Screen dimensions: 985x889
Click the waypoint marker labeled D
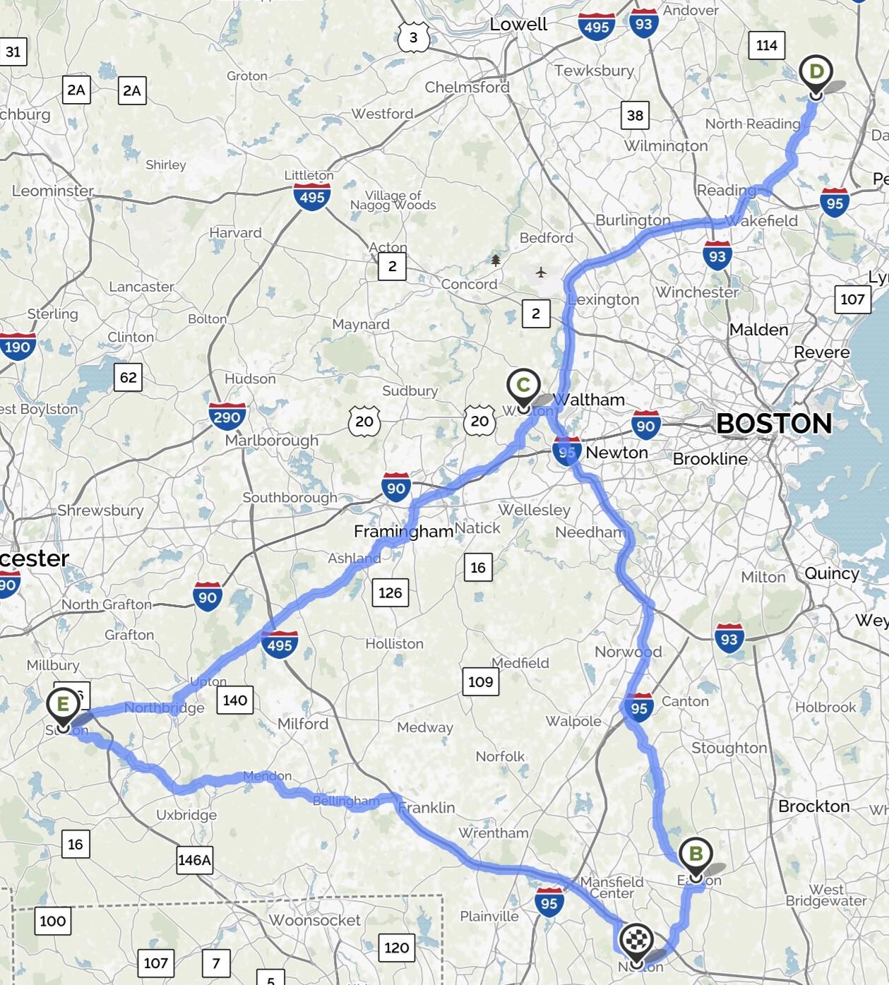click(816, 73)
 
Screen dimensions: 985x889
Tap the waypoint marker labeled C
click(523, 386)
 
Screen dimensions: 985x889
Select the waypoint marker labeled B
click(696, 855)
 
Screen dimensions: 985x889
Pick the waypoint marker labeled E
click(63, 705)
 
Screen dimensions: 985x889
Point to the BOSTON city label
click(774, 424)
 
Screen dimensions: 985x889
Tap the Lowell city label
click(518, 24)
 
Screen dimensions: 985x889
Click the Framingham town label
click(403, 532)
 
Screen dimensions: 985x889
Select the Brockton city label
click(813, 806)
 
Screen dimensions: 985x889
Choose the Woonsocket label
click(314, 920)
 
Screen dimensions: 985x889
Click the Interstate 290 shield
click(227, 416)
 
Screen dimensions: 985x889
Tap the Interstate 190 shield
click(17, 347)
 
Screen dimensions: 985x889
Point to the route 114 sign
click(766, 46)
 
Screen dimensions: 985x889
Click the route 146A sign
click(194, 860)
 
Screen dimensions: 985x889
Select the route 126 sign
click(390, 592)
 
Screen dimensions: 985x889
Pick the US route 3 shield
click(413, 37)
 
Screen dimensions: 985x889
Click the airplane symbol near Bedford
click(541, 272)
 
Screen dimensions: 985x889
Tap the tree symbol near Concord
click(496, 261)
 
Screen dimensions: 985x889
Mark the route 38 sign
click(635, 115)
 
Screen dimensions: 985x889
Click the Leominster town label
click(52, 191)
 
